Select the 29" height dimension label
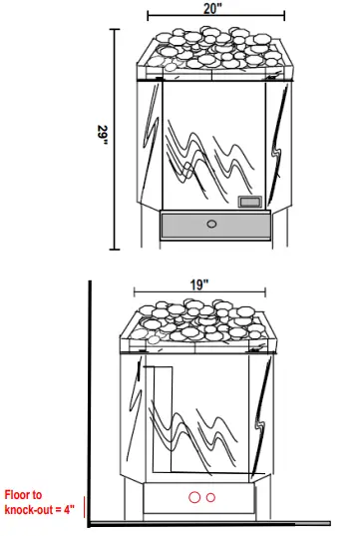coord(104,136)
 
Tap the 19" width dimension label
coord(198,284)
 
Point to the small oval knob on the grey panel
coord(210,224)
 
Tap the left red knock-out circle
coord(194,497)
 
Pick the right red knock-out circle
coord(209,497)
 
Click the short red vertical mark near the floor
coord(86,508)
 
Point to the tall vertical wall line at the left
coord(91,399)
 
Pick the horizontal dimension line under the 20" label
coord(214,17)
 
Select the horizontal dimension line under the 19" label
coord(198,295)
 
